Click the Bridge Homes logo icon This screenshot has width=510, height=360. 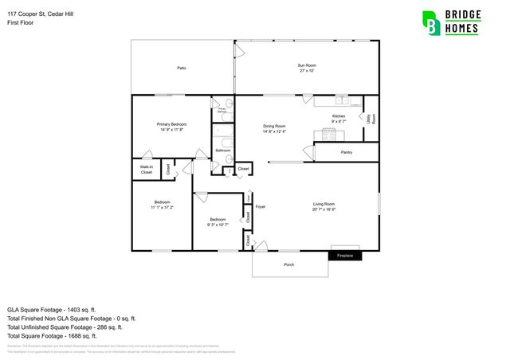(x=431, y=23)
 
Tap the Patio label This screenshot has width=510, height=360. (x=182, y=68)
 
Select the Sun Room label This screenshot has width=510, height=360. (x=307, y=68)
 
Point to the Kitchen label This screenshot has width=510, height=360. (x=339, y=116)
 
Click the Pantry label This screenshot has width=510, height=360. (x=346, y=152)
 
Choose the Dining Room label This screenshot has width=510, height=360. (x=274, y=127)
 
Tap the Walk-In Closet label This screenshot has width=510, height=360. (x=147, y=170)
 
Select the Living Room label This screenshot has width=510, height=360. (x=324, y=204)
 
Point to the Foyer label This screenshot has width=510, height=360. (x=260, y=207)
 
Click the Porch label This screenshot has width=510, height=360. (x=289, y=265)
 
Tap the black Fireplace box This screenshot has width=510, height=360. (x=345, y=256)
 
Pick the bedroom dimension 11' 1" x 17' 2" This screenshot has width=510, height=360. (x=162, y=208)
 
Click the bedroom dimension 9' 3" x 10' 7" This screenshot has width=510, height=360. (x=218, y=225)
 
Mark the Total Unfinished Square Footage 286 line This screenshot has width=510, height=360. (x=65, y=327)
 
